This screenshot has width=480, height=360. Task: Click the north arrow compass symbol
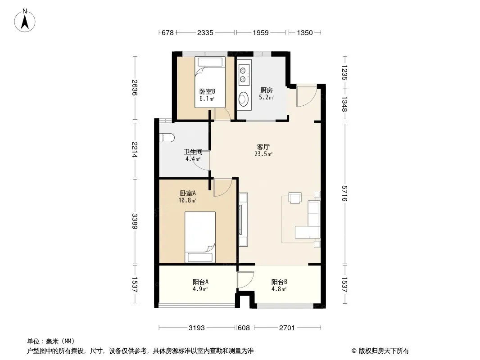point(25,21)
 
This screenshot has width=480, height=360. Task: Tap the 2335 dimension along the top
point(205,32)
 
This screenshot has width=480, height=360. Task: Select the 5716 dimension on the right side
point(345,193)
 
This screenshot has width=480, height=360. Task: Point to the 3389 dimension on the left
point(135,221)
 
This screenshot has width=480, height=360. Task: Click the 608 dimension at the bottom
point(244,328)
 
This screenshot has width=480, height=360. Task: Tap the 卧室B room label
point(207,91)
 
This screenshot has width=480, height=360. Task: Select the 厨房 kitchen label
point(266,90)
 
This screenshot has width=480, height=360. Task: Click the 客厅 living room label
point(263,147)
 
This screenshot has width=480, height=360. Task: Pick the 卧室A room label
point(188,193)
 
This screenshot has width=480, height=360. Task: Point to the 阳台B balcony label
point(279,282)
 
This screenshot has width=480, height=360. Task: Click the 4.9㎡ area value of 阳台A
point(200,289)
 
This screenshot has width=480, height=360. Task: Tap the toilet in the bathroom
point(167,138)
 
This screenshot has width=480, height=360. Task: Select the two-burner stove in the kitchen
point(243,75)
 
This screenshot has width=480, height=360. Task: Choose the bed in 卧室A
point(200,237)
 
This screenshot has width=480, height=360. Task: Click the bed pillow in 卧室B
point(210,62)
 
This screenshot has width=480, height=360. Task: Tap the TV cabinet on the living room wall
point(243,219)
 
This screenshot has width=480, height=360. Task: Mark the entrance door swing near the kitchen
point(307,96)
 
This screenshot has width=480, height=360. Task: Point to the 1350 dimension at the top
point(304,32)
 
